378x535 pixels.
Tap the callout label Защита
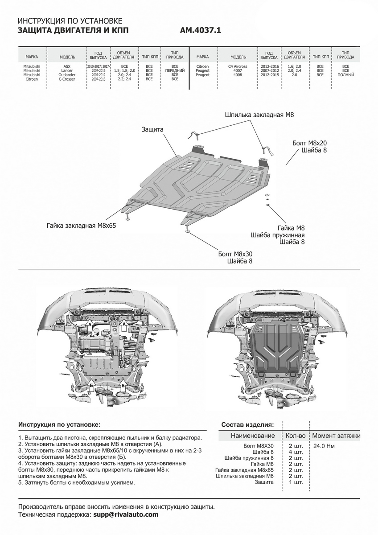153,129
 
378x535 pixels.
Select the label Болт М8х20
310,143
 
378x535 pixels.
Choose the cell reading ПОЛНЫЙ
345,75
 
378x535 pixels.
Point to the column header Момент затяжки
336,436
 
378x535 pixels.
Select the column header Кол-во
296,436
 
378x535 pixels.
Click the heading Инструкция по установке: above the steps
59,424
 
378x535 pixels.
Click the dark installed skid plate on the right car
276,346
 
